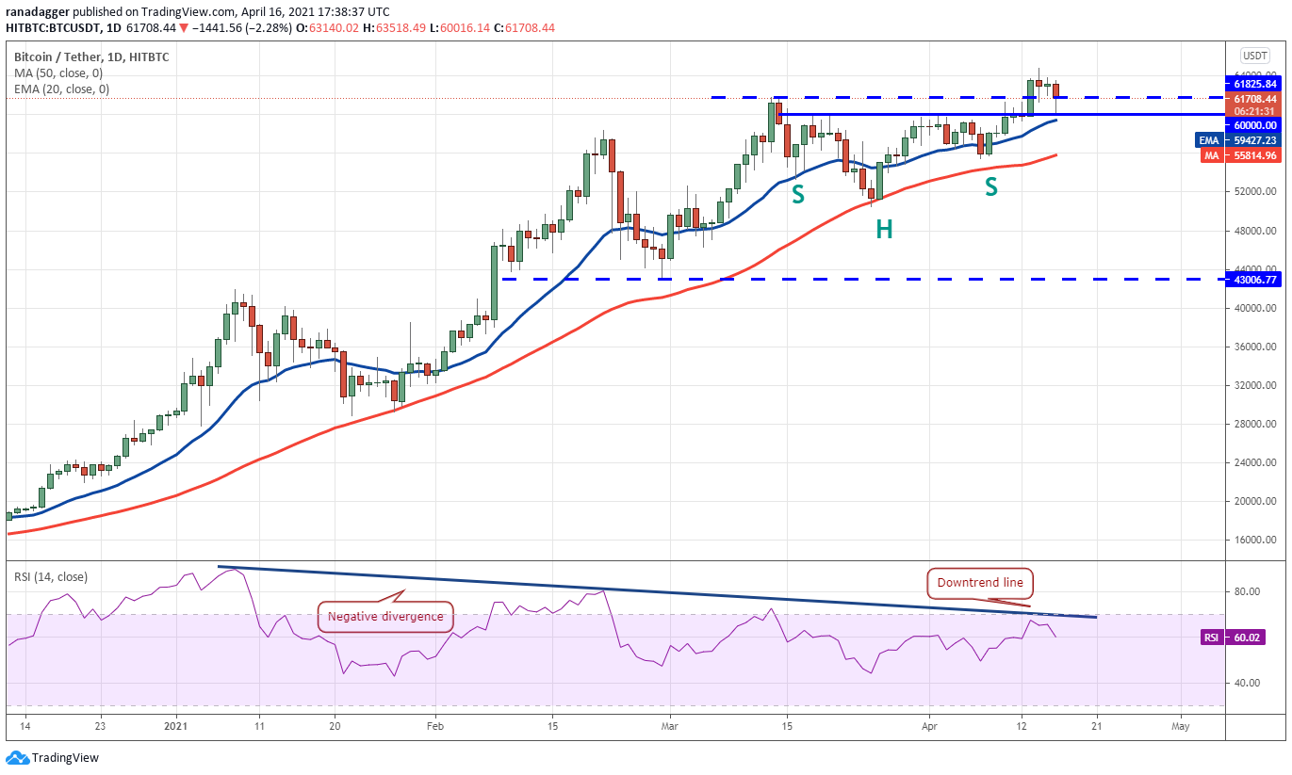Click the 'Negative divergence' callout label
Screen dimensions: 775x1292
coord(384,618)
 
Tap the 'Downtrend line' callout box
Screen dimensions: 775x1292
coord(979,583)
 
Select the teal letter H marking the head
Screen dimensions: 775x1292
coord(883,229)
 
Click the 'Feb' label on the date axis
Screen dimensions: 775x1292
coord(433,726)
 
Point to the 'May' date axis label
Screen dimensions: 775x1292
coord(1181,726)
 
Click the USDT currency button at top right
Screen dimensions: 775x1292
coord(1254,56)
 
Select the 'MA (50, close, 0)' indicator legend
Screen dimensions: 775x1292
coord(58,73)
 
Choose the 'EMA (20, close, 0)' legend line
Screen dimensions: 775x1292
coord(61,89)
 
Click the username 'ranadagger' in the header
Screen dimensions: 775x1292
coord(36,10)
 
